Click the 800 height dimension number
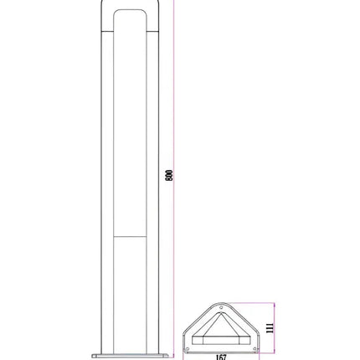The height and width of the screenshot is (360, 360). (169, 175)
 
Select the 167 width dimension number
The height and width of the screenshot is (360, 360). (221, 357)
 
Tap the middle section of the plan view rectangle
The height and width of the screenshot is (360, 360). (220, 341)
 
